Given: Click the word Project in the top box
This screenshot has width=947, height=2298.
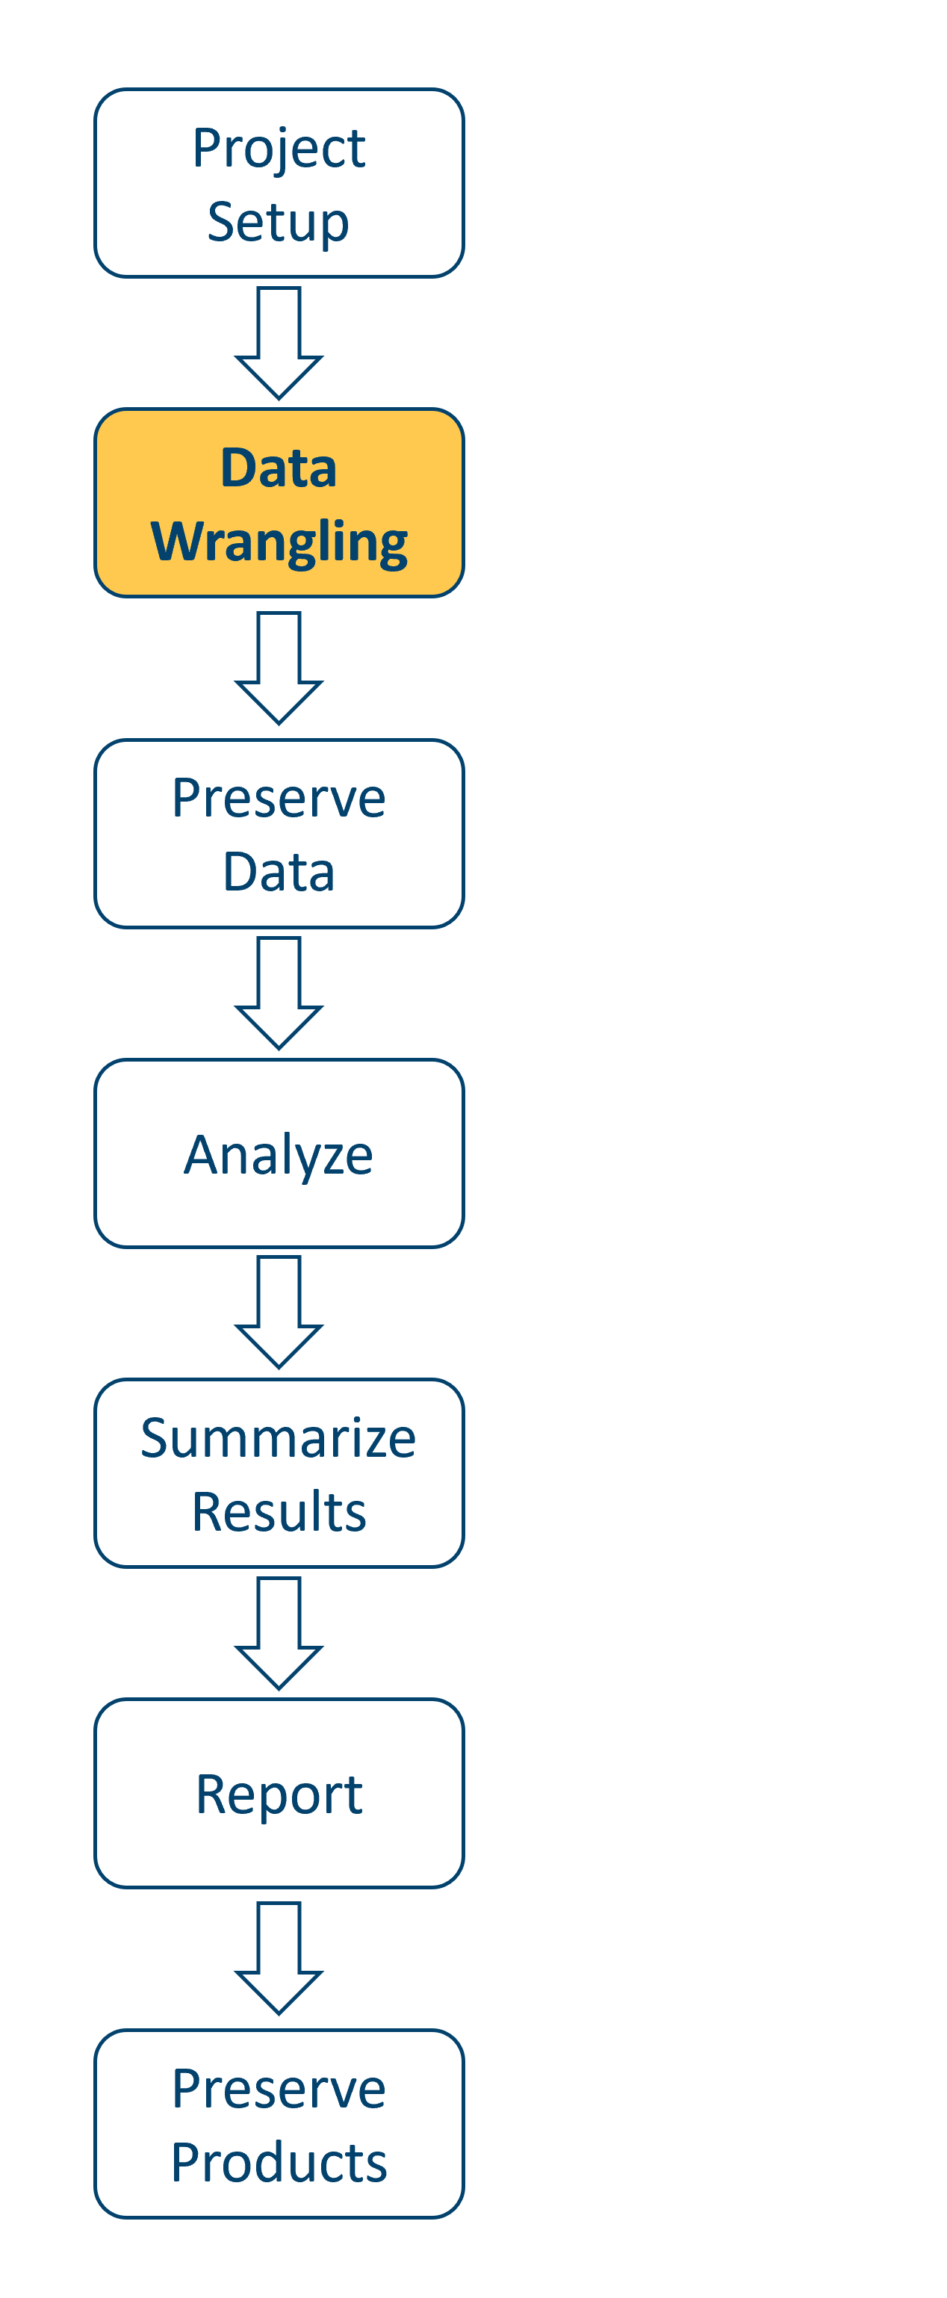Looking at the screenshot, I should [x=279, y=148].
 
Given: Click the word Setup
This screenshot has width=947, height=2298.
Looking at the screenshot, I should [x=279, y=222].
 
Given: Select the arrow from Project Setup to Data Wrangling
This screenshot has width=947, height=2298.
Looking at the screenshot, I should [x=279, y=344].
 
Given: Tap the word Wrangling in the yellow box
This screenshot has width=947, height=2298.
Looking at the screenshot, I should [x=279, y=542].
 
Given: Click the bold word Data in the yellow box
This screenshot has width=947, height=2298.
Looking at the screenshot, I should [x=279, y=468].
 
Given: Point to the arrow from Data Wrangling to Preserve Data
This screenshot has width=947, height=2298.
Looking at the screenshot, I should [x=279, y=669].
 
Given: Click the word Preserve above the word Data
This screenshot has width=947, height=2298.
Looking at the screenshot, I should [x=279, y=798].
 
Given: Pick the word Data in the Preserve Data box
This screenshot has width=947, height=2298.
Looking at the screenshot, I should [x=279, y=872].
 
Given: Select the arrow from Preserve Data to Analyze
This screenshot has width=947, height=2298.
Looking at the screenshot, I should [x=279, y=994].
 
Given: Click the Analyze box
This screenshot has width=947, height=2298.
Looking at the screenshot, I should [x=279, y=1153].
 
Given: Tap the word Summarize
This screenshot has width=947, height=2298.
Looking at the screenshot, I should [x=279, y=1438].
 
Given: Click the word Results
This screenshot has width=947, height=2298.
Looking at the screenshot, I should [x=279, y=1512].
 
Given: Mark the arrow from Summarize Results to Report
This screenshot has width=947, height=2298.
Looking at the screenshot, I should [x=279, y=1633].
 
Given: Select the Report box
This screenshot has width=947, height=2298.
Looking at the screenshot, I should [x=279, y=1794].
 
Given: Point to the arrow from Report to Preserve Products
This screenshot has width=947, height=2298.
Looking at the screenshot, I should [x=279, y=1958].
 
